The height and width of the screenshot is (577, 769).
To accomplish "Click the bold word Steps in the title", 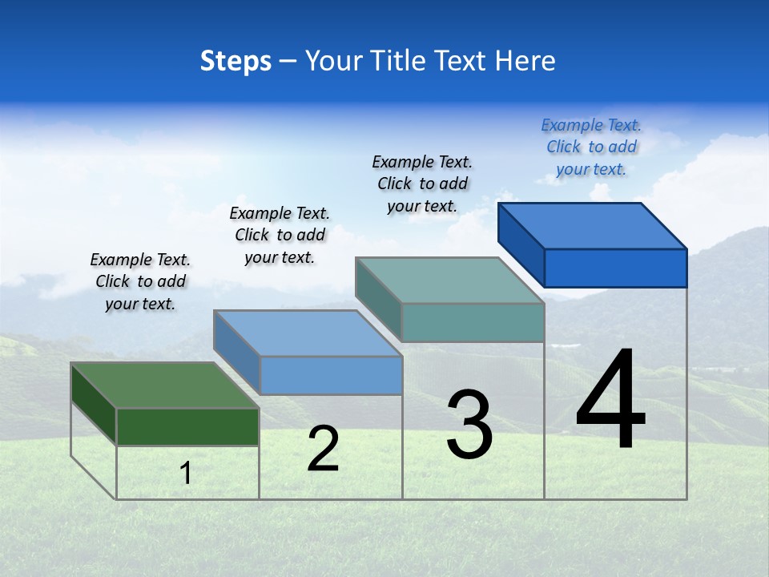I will [x=236, y=61].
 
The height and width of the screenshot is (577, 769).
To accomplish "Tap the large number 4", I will [x=610, y=401].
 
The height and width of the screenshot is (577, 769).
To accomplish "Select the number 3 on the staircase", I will [x=469, y=425].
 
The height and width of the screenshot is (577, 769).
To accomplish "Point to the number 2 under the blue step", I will [x=323, y=449].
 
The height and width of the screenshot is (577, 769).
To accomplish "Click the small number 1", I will [x=186, y=473].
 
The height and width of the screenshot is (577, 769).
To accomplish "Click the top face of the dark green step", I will [x=164, y=385].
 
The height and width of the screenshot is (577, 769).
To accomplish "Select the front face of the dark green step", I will [x=187, y=426].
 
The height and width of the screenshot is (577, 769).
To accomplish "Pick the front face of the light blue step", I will [x=331, y=375].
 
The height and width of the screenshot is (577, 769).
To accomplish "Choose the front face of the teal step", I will [x=473, y=322].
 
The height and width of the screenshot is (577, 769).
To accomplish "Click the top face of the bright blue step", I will [x=592, y=226].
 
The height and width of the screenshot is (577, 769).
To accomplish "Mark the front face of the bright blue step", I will [x=615, y=268].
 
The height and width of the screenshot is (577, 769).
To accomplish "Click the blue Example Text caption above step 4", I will [x=591, y=147].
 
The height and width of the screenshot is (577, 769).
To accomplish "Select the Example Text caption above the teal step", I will [x=422, y=184].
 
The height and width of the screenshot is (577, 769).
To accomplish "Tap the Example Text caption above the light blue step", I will [x=280, y=235].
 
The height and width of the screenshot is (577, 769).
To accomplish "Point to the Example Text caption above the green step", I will [x=140, y=281].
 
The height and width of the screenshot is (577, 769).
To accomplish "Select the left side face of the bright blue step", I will [x=521, y=244].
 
